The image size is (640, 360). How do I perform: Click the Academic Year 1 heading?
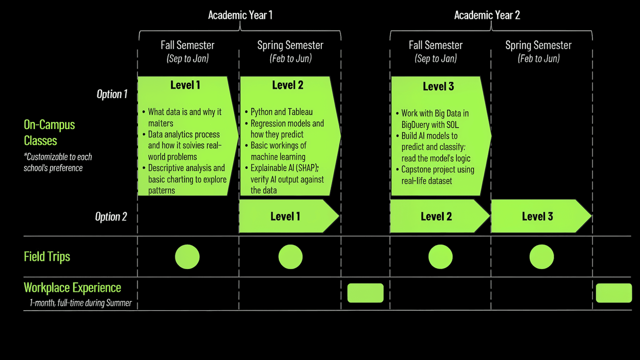[x=240, y=15]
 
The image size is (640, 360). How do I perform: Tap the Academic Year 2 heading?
[x=487, y=15]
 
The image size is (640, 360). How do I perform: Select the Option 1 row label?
[x=112, y=94]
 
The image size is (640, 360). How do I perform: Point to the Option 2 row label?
[x=111, y=217]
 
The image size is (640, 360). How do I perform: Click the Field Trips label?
[x=47, y=257]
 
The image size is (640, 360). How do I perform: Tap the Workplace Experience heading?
[x=73, y=288]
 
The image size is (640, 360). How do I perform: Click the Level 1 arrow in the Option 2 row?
[x=289, y=216]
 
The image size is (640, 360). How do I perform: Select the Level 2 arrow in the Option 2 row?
[x=440, y=216]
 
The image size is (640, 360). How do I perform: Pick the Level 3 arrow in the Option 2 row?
[x=541, y=216]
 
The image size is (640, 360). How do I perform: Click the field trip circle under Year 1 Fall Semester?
[x=187, y=257]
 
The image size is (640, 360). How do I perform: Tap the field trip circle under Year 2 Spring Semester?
[x=542, y=257]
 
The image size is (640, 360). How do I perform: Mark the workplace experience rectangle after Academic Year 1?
[x=366, y=293]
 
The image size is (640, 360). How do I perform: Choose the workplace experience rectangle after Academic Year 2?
[x=614, y=293]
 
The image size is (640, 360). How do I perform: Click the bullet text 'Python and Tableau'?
[x=282, y=112]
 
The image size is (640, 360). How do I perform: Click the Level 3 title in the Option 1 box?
[x=438, y=86]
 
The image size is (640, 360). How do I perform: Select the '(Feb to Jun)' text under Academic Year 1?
[x=290, y=58]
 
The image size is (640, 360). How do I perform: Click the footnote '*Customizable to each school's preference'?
[x=58, y=162]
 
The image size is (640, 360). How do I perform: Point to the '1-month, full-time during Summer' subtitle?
[x=81, y=303]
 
